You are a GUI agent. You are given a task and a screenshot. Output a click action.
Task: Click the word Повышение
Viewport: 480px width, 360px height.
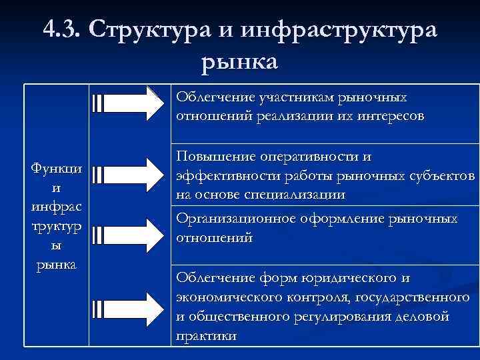pyautogui.click(x=211, y=156)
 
